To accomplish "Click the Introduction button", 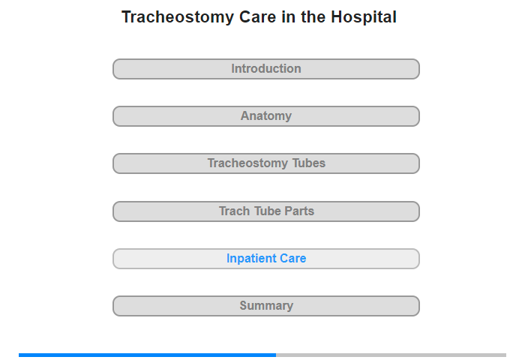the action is coord(265,69).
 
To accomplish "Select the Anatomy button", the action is coord(265,116).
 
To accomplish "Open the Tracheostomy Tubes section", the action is coord(265,163).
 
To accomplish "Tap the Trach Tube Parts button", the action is coord(265,211).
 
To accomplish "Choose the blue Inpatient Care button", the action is coord(265,259).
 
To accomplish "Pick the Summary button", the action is coord(265,306).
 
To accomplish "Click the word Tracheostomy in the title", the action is coord(178,17).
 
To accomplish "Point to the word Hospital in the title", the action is coord(364,17).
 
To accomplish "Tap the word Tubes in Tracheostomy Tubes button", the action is coord(309,163).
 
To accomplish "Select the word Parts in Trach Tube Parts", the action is coord(299,211).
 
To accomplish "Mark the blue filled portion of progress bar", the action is coord(147,355).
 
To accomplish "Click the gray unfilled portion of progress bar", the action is coord(391,355).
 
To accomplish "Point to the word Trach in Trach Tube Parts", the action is coord(234,211).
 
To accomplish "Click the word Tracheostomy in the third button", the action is coord(247,163).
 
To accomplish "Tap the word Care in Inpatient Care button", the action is coord(293,259).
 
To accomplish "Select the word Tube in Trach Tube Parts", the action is coord(267,211).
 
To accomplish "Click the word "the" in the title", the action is coord(313,17).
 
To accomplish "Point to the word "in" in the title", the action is coord(288,17).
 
